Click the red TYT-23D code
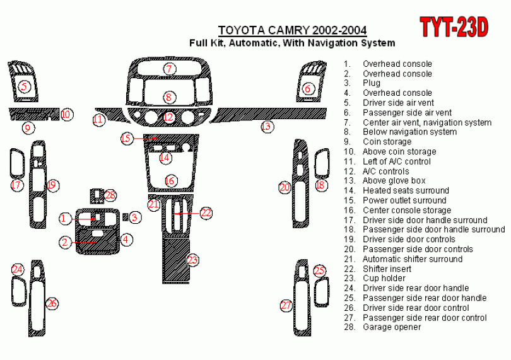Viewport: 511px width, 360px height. point(454,27)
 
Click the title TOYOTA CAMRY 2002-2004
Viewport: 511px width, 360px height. point(292,30)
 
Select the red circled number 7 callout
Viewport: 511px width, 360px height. point(169,69)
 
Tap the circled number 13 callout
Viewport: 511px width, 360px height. point(267,126)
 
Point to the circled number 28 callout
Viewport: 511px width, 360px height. point(110,195)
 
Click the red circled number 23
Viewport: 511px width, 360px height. point(192,260)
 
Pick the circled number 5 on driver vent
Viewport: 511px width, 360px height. point(24,86)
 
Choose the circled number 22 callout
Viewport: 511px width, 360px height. point(206,212)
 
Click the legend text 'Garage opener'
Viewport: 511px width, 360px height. point(392,327)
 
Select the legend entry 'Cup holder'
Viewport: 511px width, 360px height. point(384,278)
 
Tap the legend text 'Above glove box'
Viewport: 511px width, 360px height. point(394,180)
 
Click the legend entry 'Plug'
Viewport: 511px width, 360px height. point(372,83)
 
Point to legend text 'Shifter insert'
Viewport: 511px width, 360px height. point(387,269)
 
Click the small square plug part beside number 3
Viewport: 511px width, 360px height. point(125,217)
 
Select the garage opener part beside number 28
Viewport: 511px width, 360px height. point(97,196)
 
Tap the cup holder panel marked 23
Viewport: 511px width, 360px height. point(176,260)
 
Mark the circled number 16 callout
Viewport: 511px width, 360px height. point(170,181)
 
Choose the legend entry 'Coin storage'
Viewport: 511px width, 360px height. point(387,142)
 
